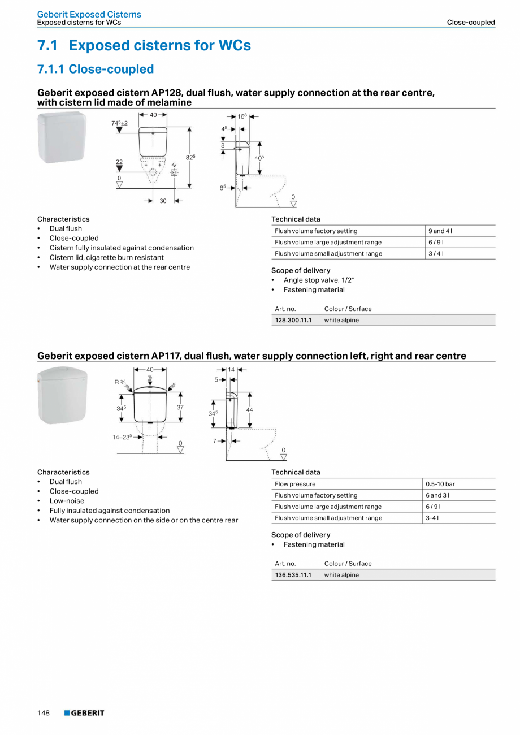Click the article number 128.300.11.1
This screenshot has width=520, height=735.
click(293, 320)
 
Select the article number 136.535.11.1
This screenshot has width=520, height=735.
click(293, 575)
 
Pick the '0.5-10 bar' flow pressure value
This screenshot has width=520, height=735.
click(440, 484)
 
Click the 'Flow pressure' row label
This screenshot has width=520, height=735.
click(295, 484)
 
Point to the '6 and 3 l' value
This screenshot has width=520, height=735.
click(438, 495)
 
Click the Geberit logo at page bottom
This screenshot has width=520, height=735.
click(84, 713)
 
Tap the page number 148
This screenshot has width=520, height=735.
click(44, 713)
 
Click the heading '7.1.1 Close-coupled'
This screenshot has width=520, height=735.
click(96, 69)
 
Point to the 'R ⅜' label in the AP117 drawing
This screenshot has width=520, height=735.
click(119, 382)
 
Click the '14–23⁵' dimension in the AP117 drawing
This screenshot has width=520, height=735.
click(122, 436)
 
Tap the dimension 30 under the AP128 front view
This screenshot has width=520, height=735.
click(163, 201)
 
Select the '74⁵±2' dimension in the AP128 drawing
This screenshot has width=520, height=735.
click(119, 123)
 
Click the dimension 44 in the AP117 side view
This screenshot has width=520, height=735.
click(249, 409)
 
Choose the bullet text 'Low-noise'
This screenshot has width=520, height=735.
click(67, 501)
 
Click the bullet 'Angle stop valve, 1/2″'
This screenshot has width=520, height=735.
click(319, 280)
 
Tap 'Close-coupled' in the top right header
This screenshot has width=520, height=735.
click(471, 23)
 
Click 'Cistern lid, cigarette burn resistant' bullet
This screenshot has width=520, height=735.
click(107, 257)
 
